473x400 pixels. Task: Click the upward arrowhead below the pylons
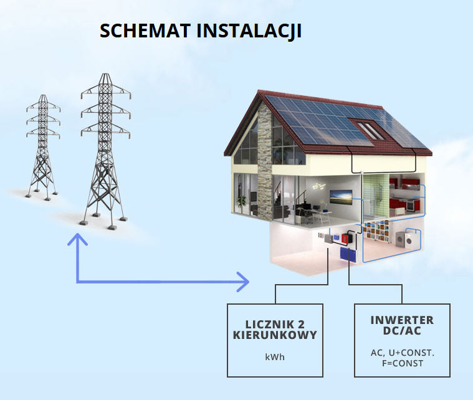(77, 239)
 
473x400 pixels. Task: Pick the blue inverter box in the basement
(346, 255)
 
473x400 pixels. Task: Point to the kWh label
(274, 358)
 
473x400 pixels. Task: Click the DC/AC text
(402, 331)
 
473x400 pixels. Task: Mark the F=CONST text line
(402, 363)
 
